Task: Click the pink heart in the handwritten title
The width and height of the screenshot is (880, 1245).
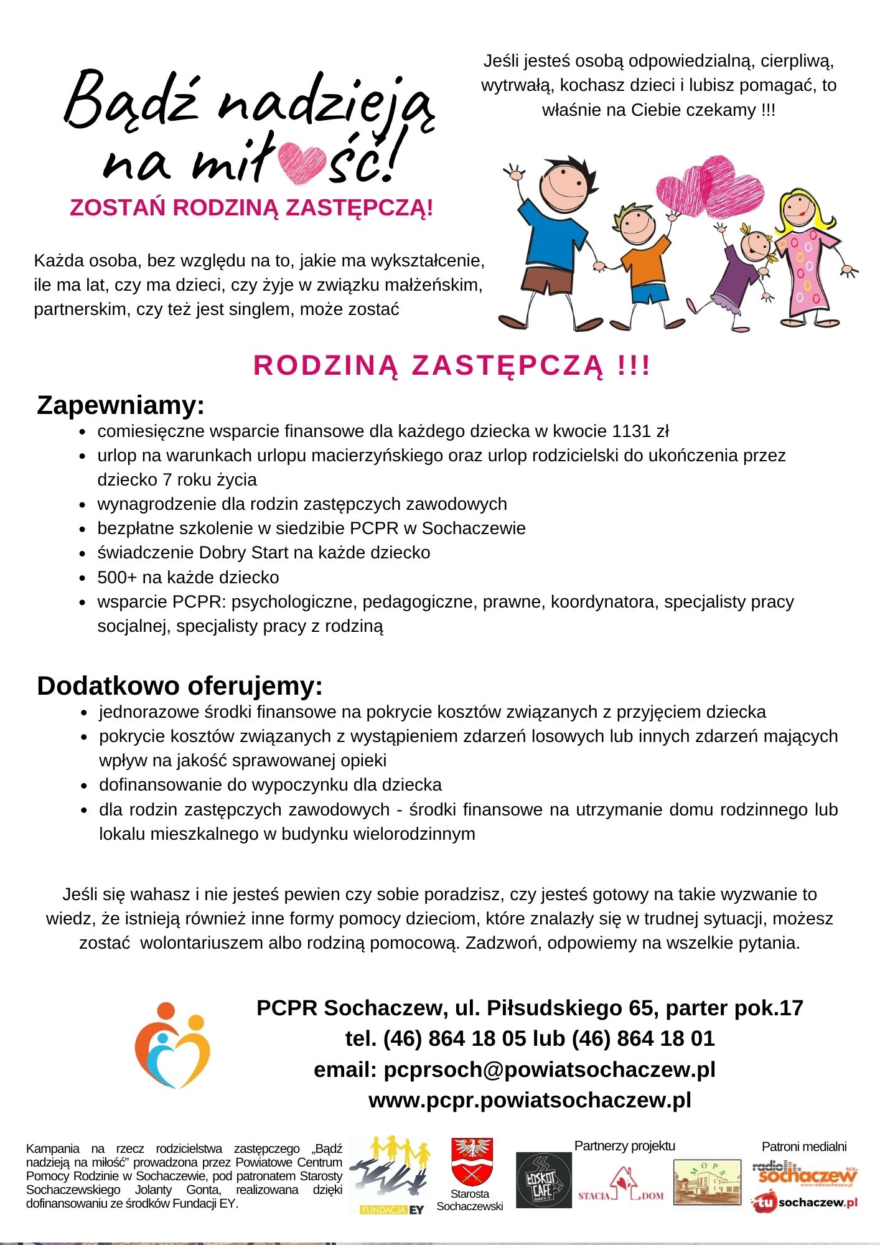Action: tap(302, 163)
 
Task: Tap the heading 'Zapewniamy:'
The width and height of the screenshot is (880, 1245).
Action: tap(121, 405)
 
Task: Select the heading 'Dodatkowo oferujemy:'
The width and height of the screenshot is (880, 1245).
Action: tap(180, 686)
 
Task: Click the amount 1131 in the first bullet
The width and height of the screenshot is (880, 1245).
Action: tap(631, 431)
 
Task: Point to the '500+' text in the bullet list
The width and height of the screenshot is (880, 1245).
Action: tap(117, 578)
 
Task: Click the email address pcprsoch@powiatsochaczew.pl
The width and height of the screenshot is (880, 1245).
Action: tap(550, 1069)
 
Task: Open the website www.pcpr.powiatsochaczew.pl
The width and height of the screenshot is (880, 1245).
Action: tap(530, 1101)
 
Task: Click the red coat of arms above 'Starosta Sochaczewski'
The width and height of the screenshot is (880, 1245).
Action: tap(472, 1161)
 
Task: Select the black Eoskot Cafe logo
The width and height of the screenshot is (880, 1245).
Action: tap(543, 1180)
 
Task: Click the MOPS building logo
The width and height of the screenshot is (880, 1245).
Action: tap(707, 1181)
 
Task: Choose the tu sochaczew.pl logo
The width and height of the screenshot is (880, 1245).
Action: tap(804, 1202)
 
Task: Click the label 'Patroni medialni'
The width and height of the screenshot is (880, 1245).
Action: tap(803, 1147)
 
